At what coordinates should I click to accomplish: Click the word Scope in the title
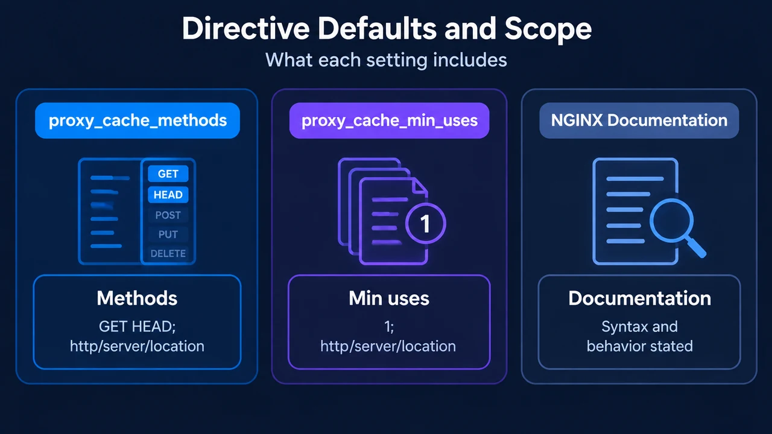[x=548, y=30]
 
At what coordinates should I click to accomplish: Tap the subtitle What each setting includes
[x=386, y=60]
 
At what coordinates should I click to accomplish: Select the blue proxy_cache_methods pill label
[x=138, y=121]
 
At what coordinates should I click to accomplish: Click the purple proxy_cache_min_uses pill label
[x=390, y=121]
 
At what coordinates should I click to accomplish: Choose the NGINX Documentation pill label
[x=639, y=121]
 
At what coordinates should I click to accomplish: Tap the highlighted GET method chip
[x=168, y=174]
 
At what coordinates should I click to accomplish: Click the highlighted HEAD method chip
[x=168, y=195]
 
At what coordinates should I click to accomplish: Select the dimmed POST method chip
[x=168, y=215]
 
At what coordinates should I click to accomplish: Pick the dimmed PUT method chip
[x=168, y=234]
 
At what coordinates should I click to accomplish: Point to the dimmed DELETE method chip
[x=168, y=254]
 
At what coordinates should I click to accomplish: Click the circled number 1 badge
[x=426, y=224]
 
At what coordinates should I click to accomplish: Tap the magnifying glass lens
[x=671, y=221]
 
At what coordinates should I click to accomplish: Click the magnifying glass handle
[x=695, y=247]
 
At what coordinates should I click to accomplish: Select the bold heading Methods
[x=137, y=298]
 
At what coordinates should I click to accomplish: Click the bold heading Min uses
[x=389, y=298]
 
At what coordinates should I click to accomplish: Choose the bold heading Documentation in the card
[x=640, y=298]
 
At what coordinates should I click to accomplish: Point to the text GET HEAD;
[x=137, y=327]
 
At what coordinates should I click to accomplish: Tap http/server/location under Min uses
[x=388, y=346]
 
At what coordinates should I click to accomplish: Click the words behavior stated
[x=640, y=346]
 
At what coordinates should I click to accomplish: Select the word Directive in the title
[x=245, y=28]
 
